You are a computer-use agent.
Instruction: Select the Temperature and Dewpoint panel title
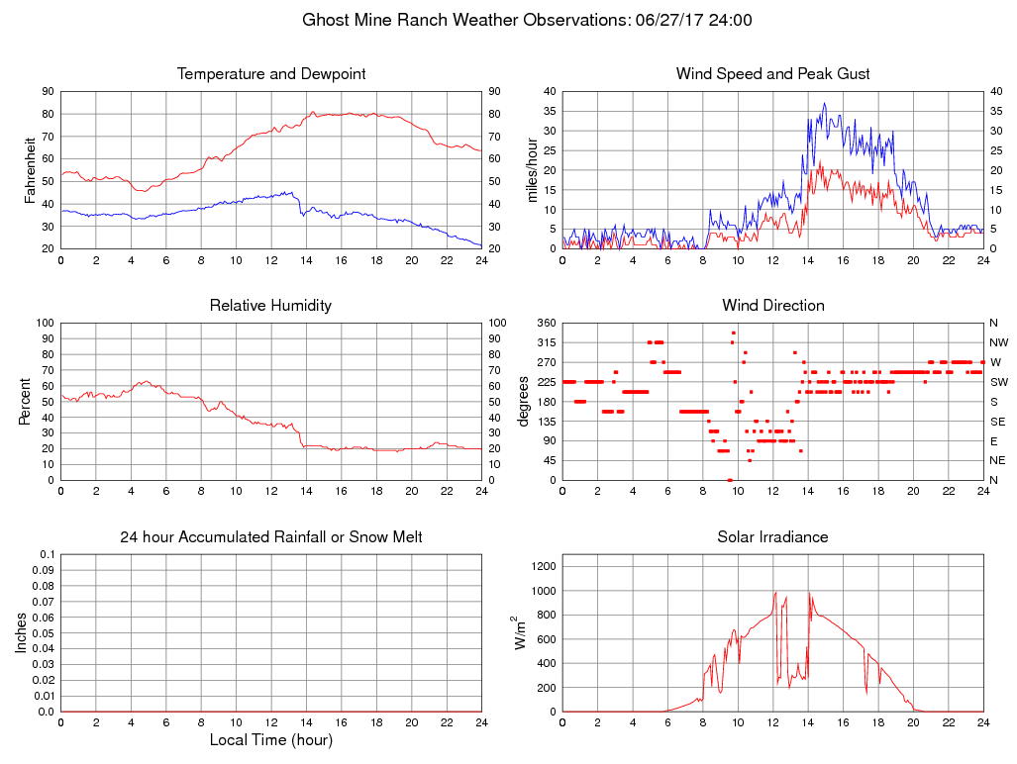[270, 74]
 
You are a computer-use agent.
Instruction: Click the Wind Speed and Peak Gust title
[772, 74]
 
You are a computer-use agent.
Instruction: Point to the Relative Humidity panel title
[270, 306]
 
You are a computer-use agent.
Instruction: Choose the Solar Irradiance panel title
[772, 537]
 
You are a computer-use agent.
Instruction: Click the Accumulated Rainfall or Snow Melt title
[270, 537]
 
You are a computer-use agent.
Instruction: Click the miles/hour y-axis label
[533, 170]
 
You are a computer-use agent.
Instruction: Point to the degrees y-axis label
[525, 402]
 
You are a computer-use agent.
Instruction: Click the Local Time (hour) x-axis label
[270, 739]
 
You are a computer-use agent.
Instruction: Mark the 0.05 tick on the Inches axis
[45, 633]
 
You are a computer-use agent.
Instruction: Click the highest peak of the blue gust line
[824, 103]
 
